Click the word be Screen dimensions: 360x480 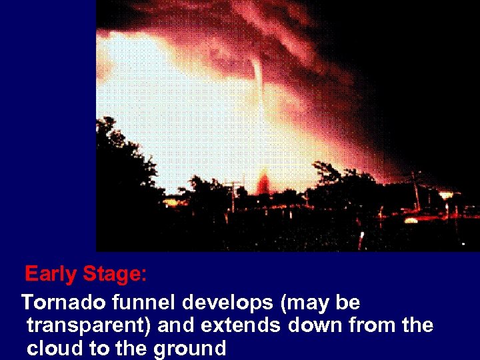pos(347,303)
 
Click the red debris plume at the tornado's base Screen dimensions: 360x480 pos(263,181)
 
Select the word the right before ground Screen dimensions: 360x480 pos(137,348)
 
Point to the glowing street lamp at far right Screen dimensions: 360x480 pos(445,195)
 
